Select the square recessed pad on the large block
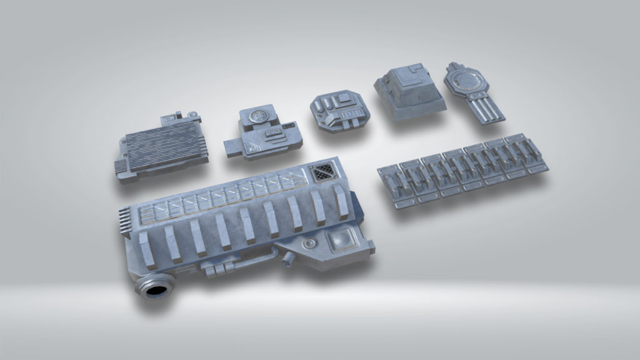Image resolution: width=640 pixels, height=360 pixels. (339, 240)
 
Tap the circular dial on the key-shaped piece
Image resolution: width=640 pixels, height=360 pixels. (467, 81)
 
